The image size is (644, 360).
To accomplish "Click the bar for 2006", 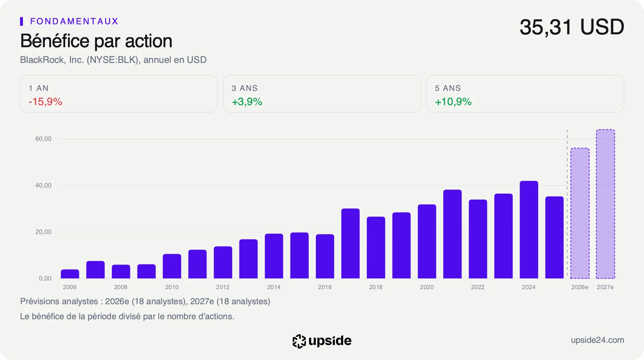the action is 70,274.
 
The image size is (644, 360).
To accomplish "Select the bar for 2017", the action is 351,243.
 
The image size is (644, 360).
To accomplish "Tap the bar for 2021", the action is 452,234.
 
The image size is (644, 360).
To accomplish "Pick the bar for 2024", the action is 529,230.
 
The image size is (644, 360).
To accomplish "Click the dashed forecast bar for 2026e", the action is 580,213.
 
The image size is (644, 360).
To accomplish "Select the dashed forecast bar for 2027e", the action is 605,204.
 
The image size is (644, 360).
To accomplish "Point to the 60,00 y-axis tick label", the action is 43,139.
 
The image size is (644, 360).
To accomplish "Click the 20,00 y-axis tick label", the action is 43,232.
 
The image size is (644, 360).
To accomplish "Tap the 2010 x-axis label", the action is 172,287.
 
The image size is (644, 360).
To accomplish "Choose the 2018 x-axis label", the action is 376,287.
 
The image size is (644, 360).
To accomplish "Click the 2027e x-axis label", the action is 605,287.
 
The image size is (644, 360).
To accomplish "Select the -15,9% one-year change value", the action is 45,102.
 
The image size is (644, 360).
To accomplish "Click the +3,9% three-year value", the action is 247,102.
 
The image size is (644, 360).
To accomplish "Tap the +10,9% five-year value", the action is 453,102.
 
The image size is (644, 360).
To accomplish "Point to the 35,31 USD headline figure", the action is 572,27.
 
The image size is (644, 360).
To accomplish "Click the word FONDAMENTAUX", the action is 74,21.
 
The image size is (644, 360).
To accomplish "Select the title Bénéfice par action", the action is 96,41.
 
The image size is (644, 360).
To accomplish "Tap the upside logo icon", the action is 299,341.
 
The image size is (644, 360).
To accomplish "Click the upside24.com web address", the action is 597,340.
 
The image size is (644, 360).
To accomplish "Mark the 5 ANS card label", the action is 448,88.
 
